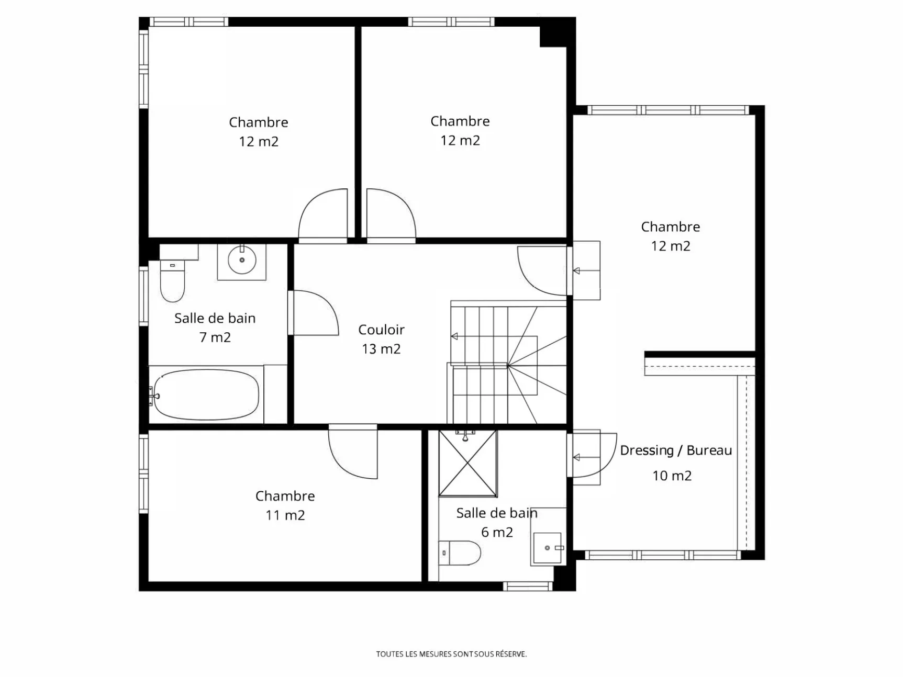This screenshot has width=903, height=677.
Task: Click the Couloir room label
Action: point(381,330)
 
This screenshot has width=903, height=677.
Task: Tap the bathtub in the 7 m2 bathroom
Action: point(205,395)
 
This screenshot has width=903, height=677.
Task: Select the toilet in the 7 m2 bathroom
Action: point(172,281)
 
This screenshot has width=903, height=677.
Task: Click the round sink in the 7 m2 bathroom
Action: point(242,259)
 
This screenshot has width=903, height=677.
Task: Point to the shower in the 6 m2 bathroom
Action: point(467,463)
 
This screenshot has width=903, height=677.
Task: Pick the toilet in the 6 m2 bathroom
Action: point(460,553)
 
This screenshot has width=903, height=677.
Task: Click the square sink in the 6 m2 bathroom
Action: point(548,548)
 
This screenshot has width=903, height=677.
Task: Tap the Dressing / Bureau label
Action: point(676,450)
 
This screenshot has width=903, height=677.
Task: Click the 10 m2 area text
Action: point(672,476)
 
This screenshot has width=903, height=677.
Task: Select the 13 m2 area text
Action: point(381,349)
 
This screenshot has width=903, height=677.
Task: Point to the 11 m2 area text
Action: point(285,515)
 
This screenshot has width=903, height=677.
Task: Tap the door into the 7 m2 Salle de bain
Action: point(313,313)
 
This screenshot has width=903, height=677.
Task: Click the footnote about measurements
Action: point(451,654)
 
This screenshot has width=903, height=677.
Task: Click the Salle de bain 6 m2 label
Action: point(497,523)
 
